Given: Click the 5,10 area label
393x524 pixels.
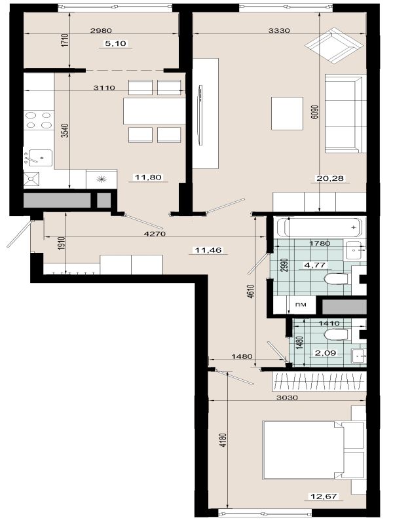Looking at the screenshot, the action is [x=116, y=43].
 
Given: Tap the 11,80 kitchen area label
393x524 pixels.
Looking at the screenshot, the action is [x=148, y=177].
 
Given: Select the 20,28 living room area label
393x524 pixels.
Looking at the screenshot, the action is [x=330, y=178].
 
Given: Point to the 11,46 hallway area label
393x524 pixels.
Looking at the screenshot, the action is [x=208, y=250].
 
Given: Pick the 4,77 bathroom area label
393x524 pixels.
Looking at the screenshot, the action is [x=314, y=265].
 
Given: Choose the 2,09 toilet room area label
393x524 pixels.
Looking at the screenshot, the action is [x=325, y=352].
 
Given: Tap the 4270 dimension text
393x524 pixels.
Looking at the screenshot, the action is [x=155, y=234].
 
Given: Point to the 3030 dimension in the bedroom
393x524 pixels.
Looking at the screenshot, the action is [x=288, y=398].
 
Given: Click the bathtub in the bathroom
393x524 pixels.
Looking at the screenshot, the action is [x=318, y=227].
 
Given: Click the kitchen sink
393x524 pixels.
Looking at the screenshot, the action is [x=40, y=158].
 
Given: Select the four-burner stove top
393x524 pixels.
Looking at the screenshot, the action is [x=39, y=121].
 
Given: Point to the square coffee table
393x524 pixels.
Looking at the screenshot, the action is [x=287, y=113].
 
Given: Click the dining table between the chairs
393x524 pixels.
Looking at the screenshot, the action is [x=155, y=111].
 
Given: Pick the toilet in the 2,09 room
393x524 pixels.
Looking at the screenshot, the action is [x=336, y=335].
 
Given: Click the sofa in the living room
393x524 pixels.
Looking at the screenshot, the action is [x=343, y=113].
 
